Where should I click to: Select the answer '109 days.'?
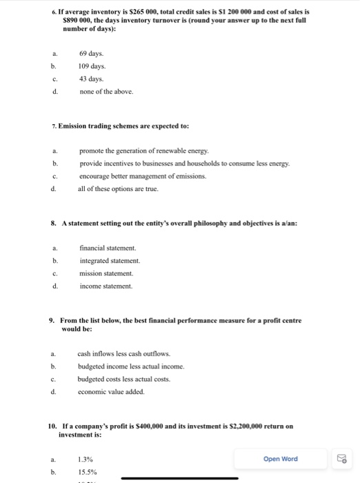92,66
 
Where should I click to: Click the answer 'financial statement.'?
108,248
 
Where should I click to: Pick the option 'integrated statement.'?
110,260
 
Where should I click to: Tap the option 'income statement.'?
106,286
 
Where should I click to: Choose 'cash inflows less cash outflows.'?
123,353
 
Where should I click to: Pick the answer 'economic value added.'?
111,391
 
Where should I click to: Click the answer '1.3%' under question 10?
86,460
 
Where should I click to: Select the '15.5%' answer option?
88,472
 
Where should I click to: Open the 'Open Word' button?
281,459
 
